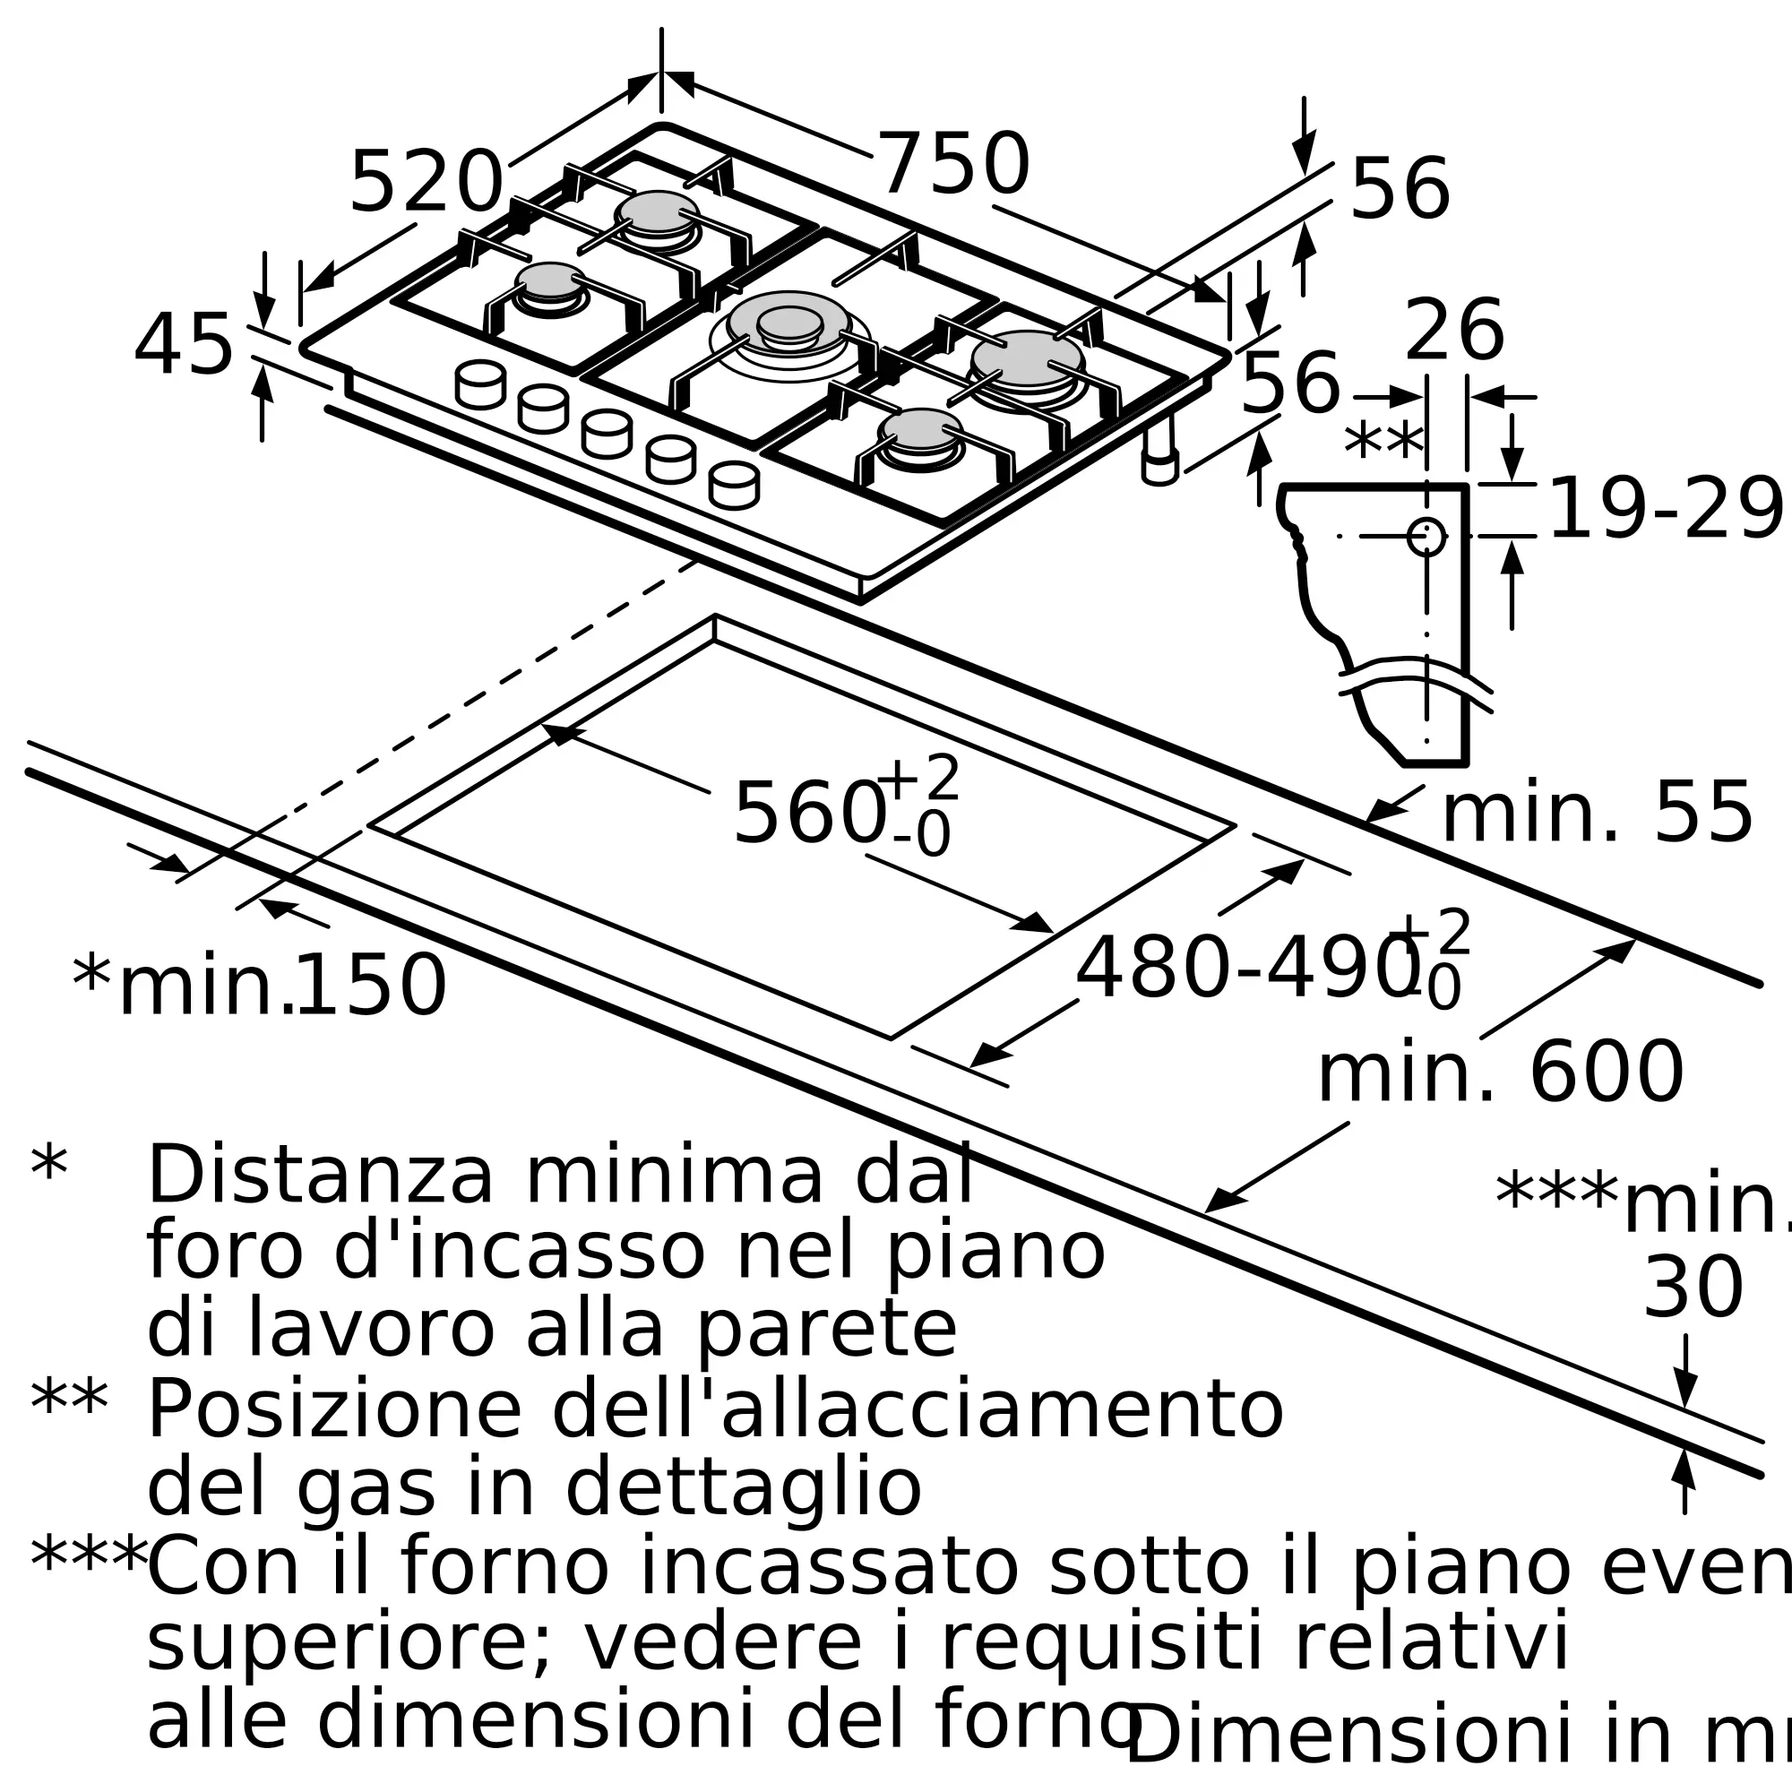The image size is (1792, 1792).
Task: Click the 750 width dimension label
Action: [x=953, y=165]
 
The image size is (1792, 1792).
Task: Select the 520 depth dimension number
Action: [x=426, y=183]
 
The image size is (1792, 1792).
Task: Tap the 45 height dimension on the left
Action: [x=183, y=346]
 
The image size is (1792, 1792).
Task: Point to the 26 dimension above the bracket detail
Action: [x=1453, y=332]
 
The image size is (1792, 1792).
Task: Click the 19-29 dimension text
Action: [x=1666, y=509]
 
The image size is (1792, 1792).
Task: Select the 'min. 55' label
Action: [x=1597, y=814]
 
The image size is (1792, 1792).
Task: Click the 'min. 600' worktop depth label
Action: [x=1500, y=1073]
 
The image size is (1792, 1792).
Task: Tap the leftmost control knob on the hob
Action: [x=480, y=384]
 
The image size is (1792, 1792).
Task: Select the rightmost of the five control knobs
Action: [x=734, y=485]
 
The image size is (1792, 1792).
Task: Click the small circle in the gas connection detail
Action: [x=1426, y=536]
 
